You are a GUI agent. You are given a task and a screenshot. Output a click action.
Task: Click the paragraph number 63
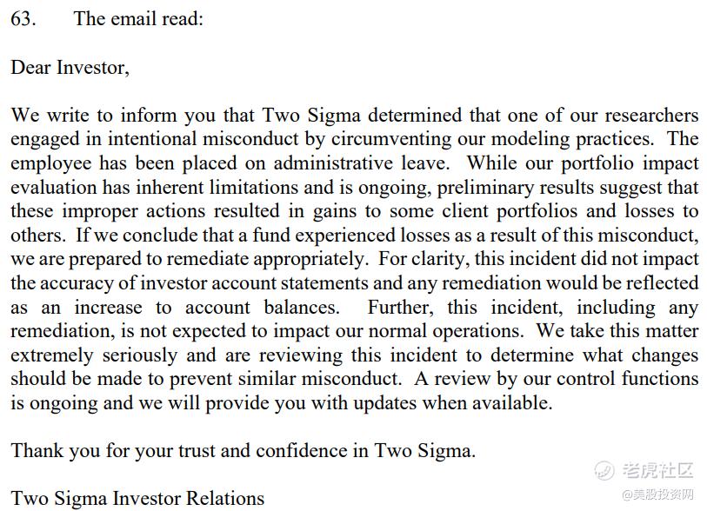(x=23, y=19)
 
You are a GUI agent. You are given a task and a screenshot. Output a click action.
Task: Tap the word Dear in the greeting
(x=31, y=68)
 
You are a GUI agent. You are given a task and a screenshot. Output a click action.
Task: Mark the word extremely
(x=51, y=355)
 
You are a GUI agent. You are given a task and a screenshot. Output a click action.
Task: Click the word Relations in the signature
(x=219, y=499)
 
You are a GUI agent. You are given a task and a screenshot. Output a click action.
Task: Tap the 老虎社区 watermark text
(x=656, y=472)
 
